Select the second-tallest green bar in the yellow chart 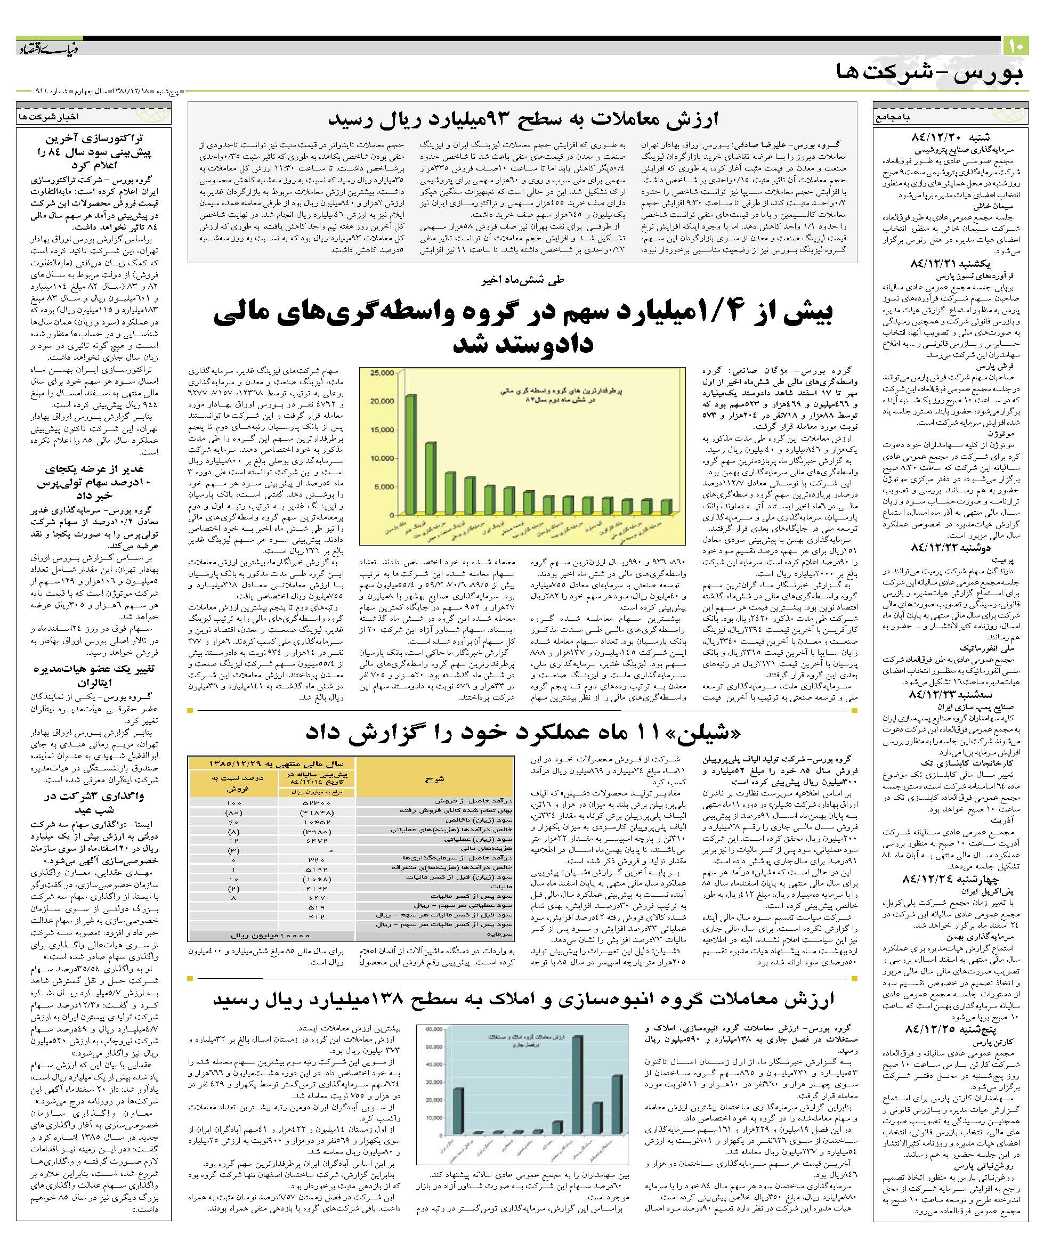pyautogui.click(x=431, y=478)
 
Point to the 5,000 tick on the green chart pyautogui.click(x=385, y=487)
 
